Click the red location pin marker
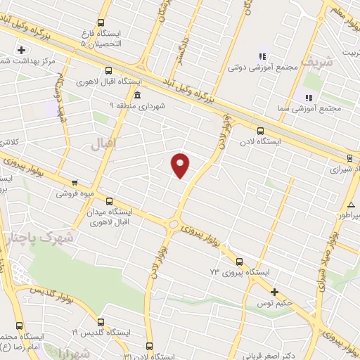pyautogui.click(x=181, y=165)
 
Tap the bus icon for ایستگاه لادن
pyautogui.click(x=261, y=130)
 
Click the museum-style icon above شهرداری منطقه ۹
pyautogui.click(x=136, y=94)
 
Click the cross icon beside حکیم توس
pyautogui.click(x=274, y=292)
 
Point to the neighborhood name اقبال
pyautogui.click(x=103, y=144)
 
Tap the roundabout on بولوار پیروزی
pyautogui.click(x=173, y=224)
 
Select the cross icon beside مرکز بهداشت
pyautogui.click(x=22, y=50)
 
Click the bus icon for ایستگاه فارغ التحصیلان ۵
pyautogui.click(x=101, y=22)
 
